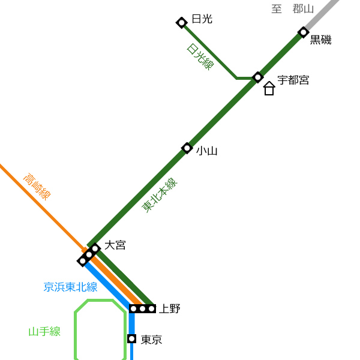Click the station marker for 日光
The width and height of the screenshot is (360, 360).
pos(182,23)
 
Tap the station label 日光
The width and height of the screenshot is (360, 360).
pos(202,19)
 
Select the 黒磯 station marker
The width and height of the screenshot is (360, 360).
pos(303,32)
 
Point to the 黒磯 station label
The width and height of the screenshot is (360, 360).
pos(321,40)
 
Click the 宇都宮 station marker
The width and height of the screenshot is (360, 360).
pos(257,77)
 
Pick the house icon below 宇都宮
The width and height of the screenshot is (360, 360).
pos(269,88)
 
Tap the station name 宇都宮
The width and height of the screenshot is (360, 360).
pos(293,80)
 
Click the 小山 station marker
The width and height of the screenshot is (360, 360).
pos(187,148)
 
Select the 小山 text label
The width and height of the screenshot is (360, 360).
pos(206,151)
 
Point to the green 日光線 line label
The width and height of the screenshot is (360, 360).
pos(200,57)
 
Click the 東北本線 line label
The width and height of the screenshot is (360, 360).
pos(160,195)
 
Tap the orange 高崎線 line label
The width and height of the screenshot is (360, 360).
pos(37,187)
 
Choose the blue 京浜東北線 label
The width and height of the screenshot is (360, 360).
pos(70,287)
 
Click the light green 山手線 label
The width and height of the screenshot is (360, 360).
pos(44,332)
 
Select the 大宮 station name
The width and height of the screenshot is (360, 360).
pos(115,245)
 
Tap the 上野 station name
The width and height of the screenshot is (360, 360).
pos(170,309)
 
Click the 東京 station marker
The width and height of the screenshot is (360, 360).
pos(132,338)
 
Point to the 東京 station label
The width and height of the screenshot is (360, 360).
pos(151,340)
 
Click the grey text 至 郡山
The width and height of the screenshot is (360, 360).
pos(293,9)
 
